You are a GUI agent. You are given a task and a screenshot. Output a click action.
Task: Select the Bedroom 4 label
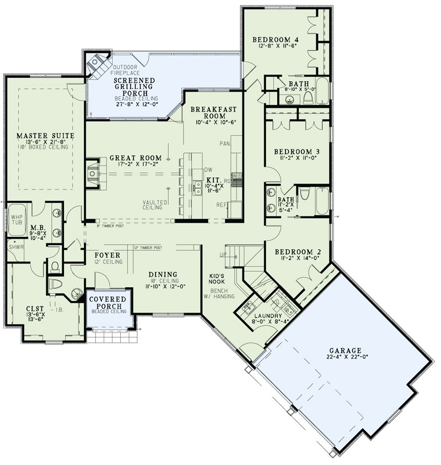click(276, 39)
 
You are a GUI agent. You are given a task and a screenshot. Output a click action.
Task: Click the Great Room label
click(131, 157)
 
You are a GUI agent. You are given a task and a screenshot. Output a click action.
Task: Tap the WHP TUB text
click(18, 220)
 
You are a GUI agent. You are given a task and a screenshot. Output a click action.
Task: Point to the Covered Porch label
click(109, 303)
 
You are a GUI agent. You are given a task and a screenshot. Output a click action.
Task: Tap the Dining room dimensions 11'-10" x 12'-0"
click(158, 286)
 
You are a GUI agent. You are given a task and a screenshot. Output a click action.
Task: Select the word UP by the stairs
click(223, 255)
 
